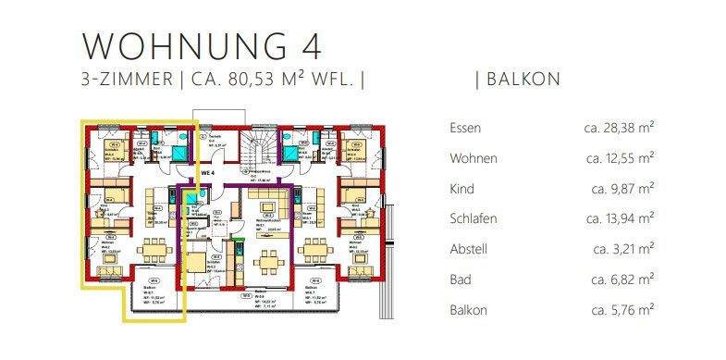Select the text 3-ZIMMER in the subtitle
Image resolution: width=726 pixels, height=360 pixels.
click(x=127, y=80)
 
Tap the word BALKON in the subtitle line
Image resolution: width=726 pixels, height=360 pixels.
click(x=523, y=80)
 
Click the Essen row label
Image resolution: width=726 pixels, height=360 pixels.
click(x=464, y=129)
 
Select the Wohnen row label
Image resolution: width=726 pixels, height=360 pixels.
click(x=472, y=159)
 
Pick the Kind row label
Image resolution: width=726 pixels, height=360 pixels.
click(x=461, y=190)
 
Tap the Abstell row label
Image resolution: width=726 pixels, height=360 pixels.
click(x=468, y=250)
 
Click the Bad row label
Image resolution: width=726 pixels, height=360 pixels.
click(x=460, y=279)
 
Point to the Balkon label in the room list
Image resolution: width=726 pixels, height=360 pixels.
click(x=468, y=310)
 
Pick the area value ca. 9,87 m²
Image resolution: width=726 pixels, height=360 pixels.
click(x=623, y=190)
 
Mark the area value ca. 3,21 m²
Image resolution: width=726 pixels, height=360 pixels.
click(x=623, y=250)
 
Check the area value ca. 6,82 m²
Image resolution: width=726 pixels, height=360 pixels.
click(x=623, y=279)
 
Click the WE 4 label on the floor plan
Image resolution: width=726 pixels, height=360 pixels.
click(x=207, y=172)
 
